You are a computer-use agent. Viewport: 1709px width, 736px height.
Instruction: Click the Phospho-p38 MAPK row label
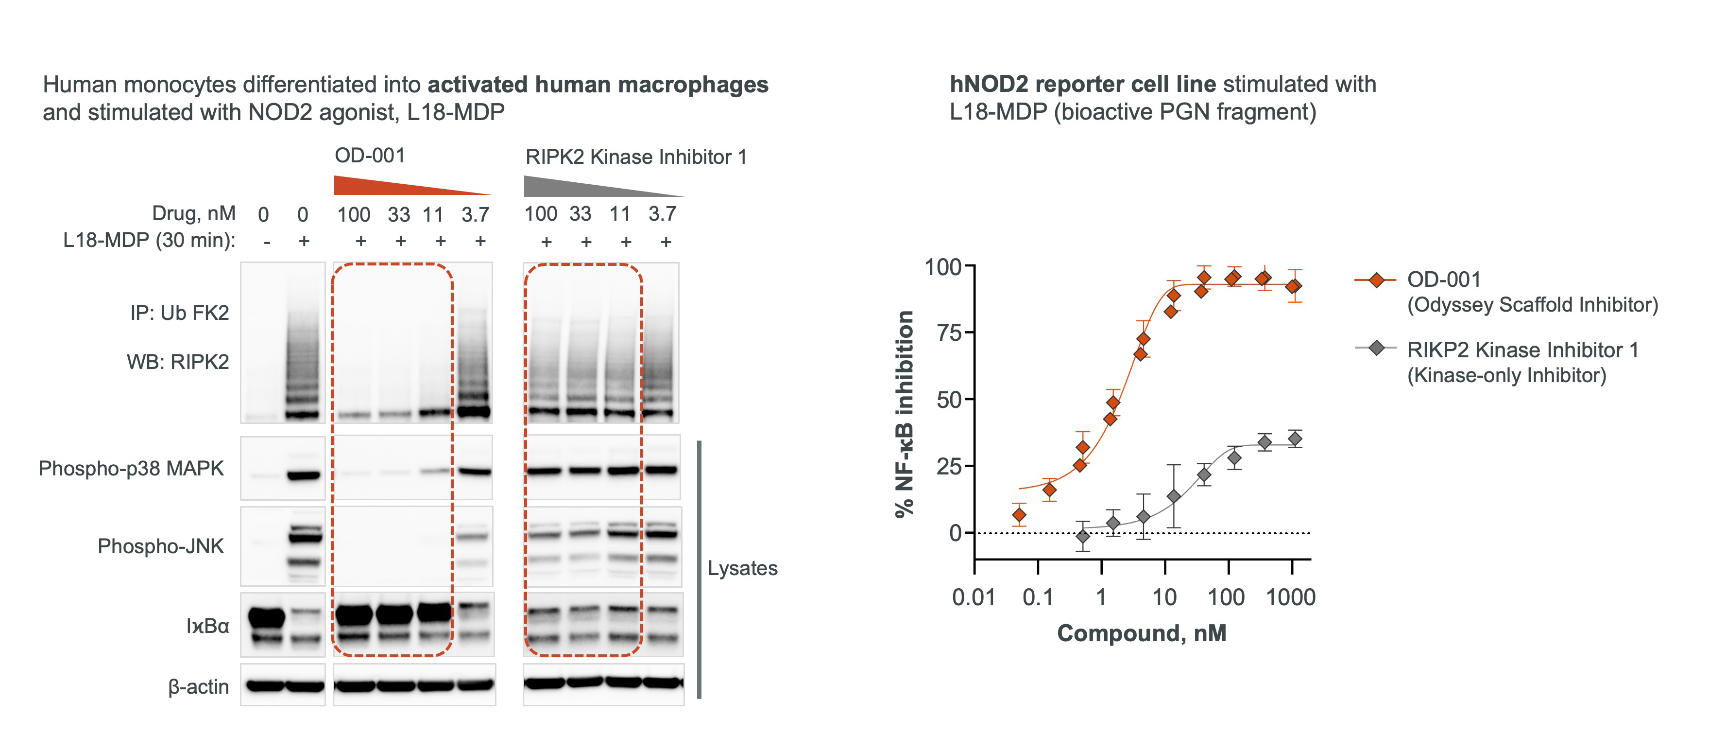coord(131,469)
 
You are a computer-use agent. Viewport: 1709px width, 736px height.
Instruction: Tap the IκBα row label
coord(207,626)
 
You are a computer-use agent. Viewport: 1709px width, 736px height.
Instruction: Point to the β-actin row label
coord(198,687)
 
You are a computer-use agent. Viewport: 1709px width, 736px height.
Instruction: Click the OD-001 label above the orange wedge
coord(370,156)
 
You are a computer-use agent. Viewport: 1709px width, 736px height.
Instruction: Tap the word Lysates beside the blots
coord(742,568)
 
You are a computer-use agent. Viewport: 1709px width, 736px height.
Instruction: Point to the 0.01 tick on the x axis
coord(973,597)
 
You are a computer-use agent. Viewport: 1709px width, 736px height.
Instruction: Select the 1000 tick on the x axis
coord(1290,597)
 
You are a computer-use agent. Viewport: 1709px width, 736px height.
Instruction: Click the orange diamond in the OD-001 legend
coord(1376,280)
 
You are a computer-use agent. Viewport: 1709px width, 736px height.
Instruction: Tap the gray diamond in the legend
coord(1376,348)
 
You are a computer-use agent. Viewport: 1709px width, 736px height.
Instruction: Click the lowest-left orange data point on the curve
coord(1019,515)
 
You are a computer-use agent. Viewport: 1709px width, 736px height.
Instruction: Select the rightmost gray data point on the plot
coord(1294,438)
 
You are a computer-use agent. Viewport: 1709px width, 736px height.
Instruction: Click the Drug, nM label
coord(194,214)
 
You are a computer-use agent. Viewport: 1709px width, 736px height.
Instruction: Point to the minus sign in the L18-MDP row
coord(267,242)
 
